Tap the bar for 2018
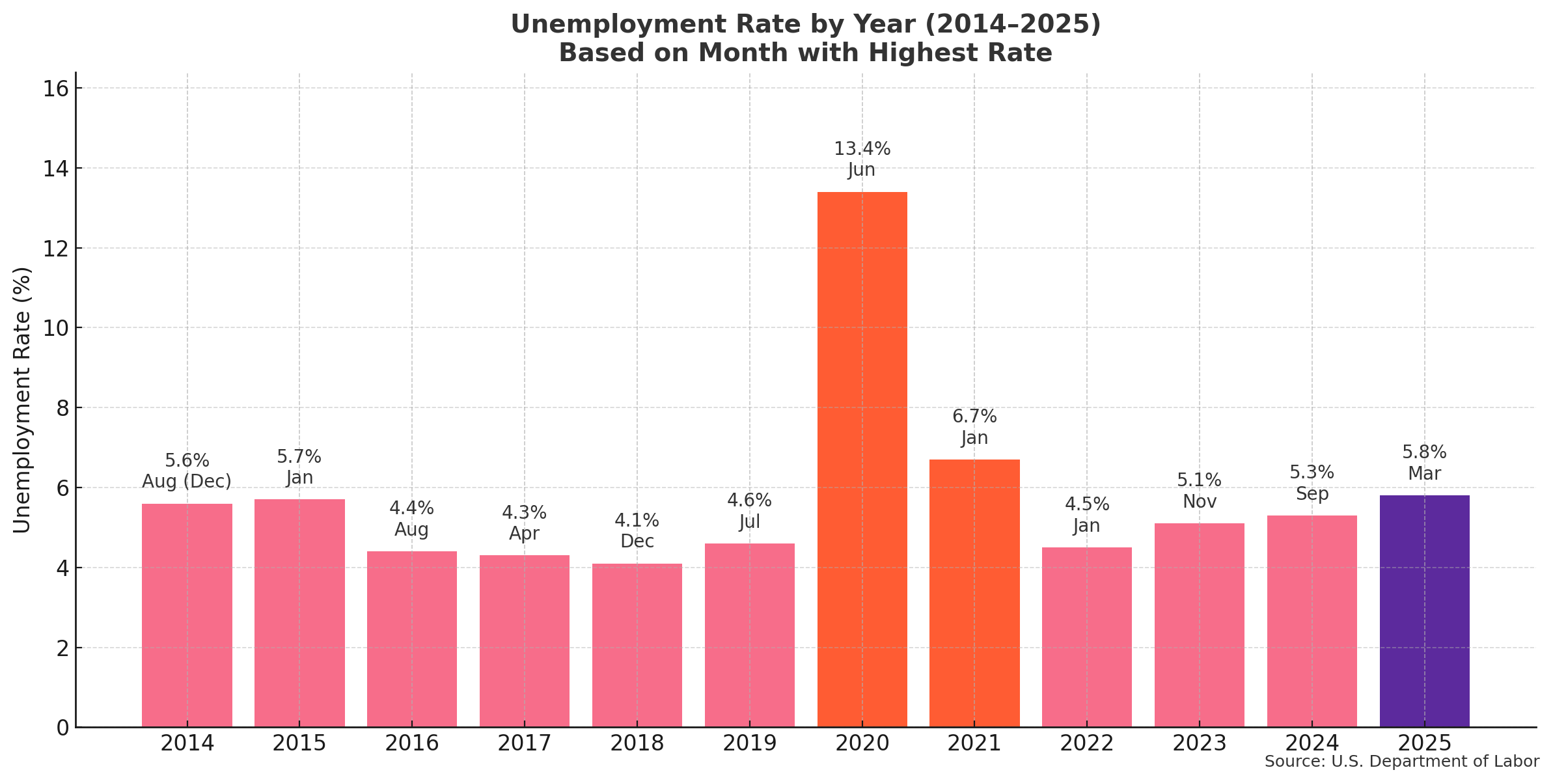tap(637, 644)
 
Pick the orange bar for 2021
tap(974, 592)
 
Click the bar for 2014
tap(187, 614)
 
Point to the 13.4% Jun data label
tap(862, 159)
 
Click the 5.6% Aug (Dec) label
tap(187, 471)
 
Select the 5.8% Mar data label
tap(1424, 463)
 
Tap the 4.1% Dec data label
tap(637, 531)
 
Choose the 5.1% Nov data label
tap(1199, 491)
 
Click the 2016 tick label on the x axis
tap(412, 743)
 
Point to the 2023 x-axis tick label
tap(1199, 743)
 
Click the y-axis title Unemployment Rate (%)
tap(22, 400)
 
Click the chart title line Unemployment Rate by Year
tap(805, 25)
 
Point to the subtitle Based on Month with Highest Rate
tap(805, 53)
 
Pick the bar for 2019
tap(749, 635)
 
